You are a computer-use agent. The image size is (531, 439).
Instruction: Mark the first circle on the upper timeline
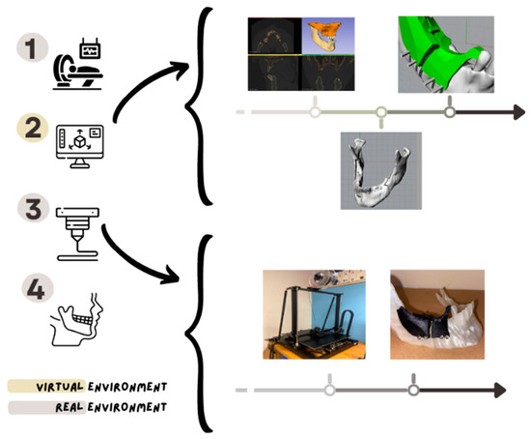tap(314, 113)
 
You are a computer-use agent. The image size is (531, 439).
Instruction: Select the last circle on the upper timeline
tap(449, 113)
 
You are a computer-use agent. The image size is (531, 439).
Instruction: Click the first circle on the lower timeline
tap(329, 391)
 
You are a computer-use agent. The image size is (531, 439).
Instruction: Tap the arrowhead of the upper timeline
tap(516, 113)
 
